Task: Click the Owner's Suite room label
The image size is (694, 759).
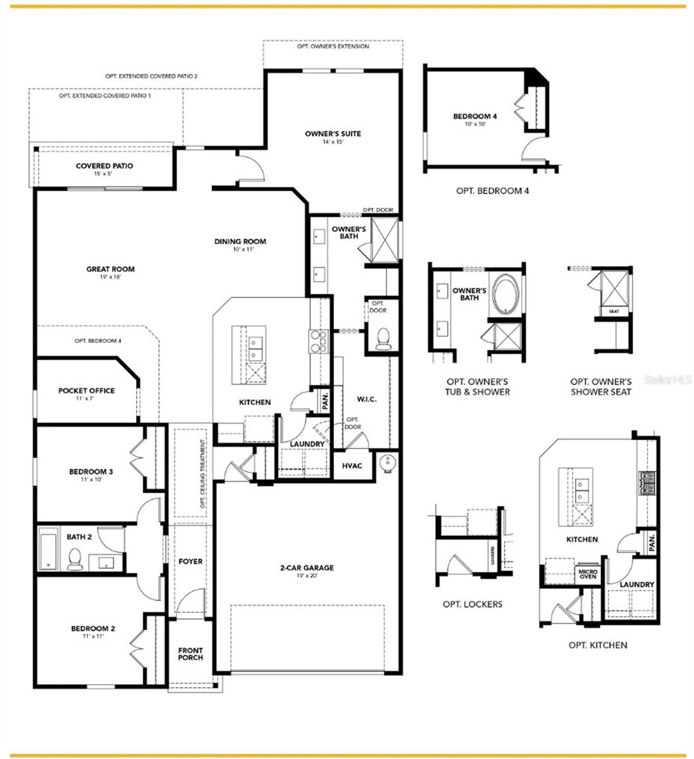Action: (332, 133)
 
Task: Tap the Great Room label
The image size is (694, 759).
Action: (110, 269)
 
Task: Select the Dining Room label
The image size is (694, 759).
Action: (240, 241)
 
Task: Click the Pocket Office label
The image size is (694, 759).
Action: (86, 390)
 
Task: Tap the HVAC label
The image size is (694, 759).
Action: (352, 466)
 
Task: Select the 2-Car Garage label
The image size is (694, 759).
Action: (307, 567)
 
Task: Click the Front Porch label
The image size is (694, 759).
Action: (190, 654)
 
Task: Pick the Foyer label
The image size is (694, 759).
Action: (190, 561)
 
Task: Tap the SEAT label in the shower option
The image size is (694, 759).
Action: (614, 312)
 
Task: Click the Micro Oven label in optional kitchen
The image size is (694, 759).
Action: (588, 574)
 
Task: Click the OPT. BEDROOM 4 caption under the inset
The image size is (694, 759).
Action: (492, 190)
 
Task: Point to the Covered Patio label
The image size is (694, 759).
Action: (104, 166)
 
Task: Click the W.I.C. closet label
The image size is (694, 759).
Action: (366, 399)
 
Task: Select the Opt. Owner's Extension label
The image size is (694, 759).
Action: (333, 47)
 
